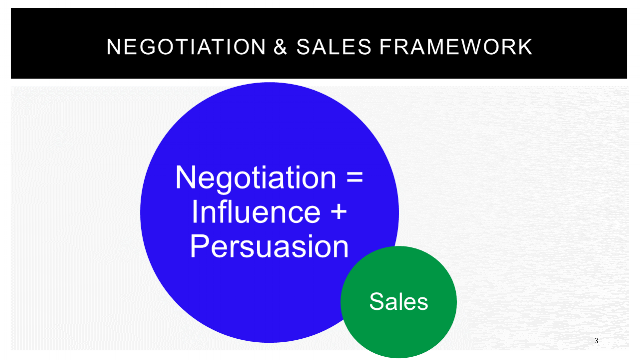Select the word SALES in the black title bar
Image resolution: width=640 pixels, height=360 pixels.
(x=298, y=47)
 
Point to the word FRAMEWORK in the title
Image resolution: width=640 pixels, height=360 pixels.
(x=434, y=47)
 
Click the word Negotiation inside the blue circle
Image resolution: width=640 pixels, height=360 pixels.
(x=249, y=179)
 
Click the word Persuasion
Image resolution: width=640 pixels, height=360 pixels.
(x=269, y=246)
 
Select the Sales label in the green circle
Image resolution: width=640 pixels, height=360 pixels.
(x=398, y=301)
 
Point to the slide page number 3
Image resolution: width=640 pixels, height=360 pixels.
(x=595, y=341)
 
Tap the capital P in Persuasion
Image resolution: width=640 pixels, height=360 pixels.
(x=199, y=246)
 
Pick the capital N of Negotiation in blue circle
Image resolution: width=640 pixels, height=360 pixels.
(x=186, y=179)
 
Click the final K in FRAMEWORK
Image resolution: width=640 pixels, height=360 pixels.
(x=525, y=47)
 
